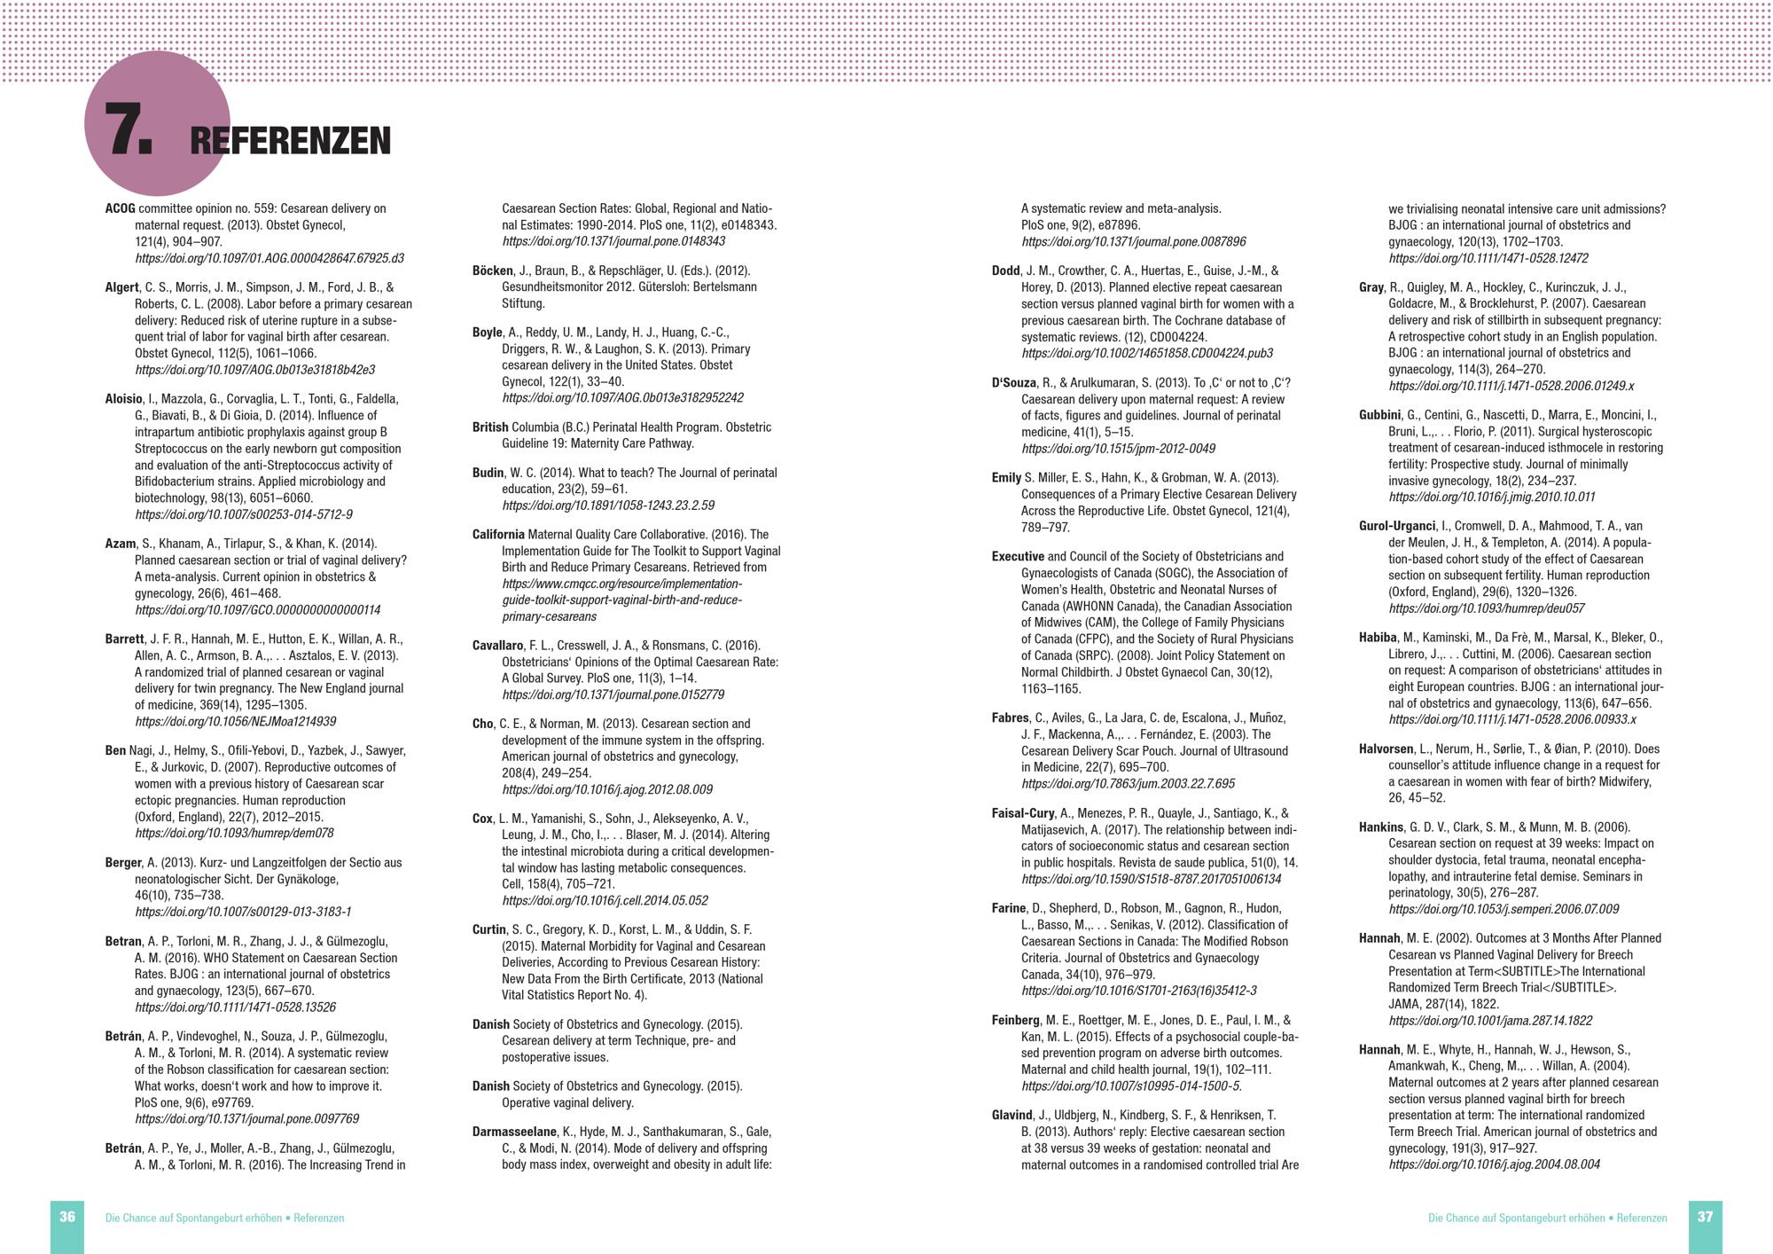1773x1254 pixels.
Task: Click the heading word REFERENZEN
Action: [290, 141]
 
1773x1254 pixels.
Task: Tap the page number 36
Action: [67, 1217]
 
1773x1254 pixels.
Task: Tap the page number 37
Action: [1705, 1217]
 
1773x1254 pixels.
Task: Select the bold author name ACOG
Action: [120, 208]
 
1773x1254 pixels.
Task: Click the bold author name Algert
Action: [121, 287]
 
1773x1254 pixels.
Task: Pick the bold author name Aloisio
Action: [123, 399]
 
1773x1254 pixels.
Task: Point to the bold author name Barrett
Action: [124, 639]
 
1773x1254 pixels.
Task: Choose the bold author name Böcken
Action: [492, 270]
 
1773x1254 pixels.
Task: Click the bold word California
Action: [498, 535]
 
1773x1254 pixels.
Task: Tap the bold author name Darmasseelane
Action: [514, 1132]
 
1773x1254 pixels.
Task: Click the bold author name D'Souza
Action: [1013, 383]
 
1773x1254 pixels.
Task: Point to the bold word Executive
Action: [1018, 557]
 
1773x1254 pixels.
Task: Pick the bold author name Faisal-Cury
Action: [1022, 813]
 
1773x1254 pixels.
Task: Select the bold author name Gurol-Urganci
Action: [1396, 526]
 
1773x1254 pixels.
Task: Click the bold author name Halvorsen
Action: [1386, 748]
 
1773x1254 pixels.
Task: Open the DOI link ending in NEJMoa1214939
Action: [235, 722]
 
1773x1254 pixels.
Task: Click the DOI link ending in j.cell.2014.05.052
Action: [605, 901]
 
